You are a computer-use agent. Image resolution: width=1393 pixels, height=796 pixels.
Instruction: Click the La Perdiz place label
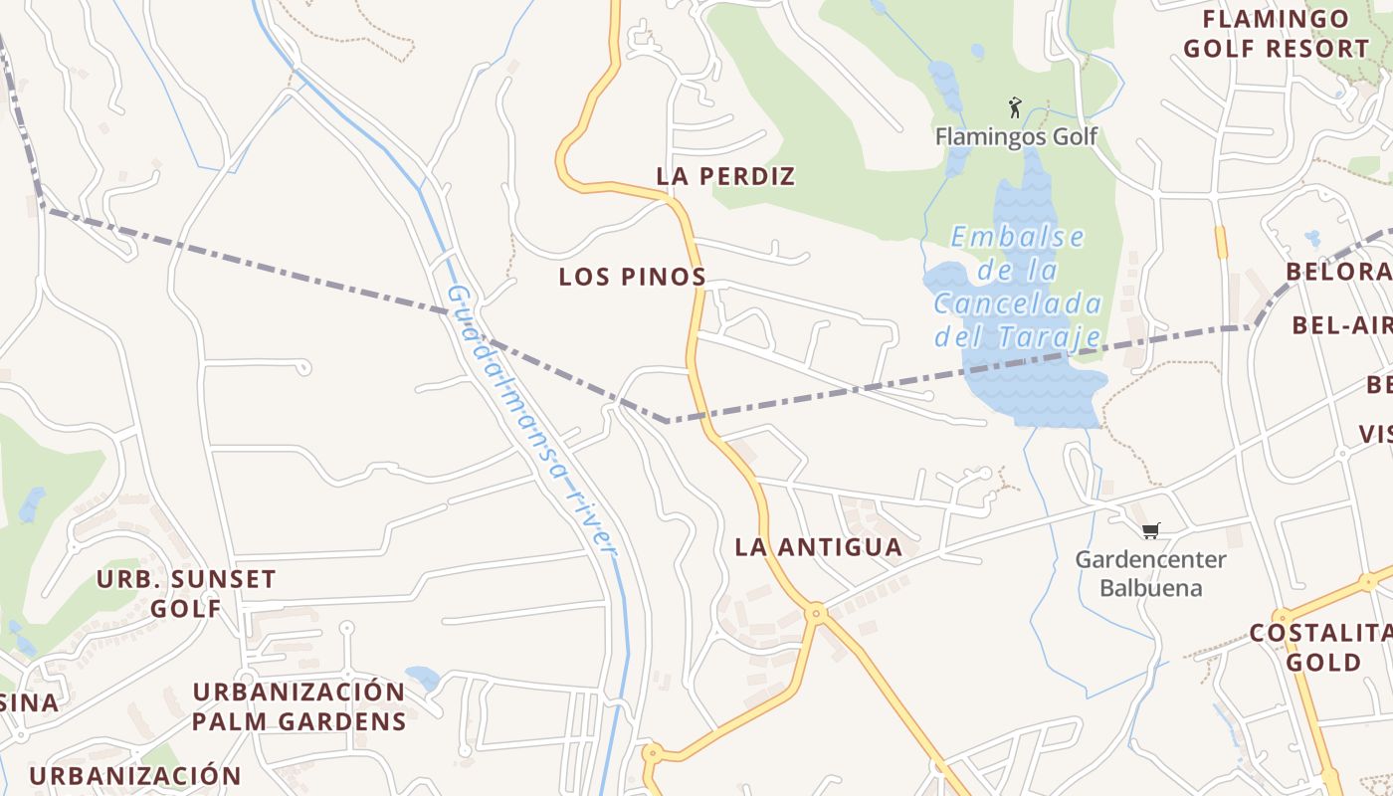coord(725,176)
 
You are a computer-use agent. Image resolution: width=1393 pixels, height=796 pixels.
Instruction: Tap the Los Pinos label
coord(632,277)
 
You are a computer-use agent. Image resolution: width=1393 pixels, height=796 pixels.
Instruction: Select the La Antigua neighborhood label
coord(818,546)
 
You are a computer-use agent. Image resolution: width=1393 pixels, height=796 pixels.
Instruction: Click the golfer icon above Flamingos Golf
coord(1015,107)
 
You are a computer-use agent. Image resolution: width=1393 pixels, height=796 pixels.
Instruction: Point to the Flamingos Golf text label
coord(1016,136)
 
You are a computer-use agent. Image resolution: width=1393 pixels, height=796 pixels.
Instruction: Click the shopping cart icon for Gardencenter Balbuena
coord(1151,530)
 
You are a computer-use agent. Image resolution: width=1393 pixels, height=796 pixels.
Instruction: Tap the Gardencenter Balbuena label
coord(1151,573)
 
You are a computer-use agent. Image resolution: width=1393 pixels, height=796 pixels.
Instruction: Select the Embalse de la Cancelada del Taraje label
coord(1017,287)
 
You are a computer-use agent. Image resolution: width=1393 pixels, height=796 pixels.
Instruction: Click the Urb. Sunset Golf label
coord(186,593)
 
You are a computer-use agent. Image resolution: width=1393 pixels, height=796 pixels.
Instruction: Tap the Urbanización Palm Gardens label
coord(298,706)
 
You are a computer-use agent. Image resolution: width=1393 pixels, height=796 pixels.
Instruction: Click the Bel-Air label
coord(1341,325)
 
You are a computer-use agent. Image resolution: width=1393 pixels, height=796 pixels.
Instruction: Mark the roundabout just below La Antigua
coord(816,614)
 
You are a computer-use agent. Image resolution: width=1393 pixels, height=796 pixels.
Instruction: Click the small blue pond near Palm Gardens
coord(423,679)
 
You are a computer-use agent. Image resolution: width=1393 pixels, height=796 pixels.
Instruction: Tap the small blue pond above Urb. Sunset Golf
coord(32,503)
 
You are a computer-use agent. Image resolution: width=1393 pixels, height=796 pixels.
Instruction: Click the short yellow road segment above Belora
coord(1221,242)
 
